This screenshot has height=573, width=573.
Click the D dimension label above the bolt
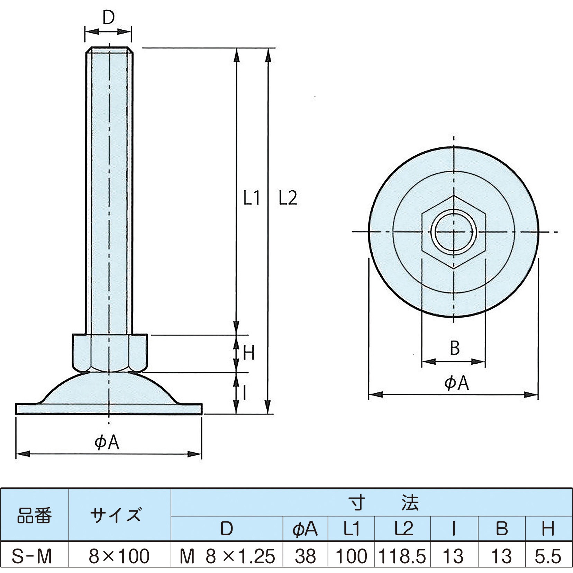pos(108,17)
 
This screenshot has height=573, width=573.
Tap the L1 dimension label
pos(252,198)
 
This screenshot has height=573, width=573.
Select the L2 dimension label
pos(288,198)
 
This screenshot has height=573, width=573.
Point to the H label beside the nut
pos(248,353)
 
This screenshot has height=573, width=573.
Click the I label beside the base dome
pos(244,393)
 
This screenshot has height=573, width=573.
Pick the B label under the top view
pos(455,348)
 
